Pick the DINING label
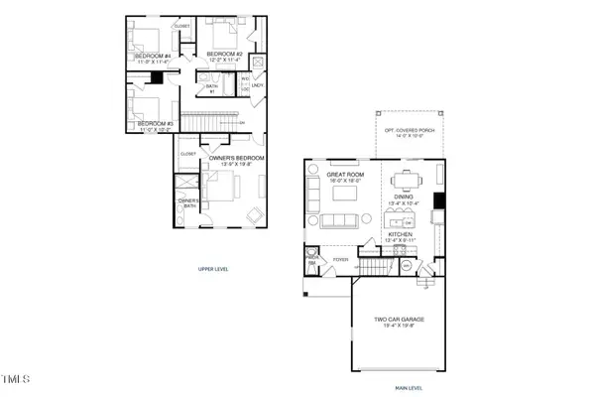click(x=404, y=197)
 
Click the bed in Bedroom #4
click(x=145, y=42)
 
